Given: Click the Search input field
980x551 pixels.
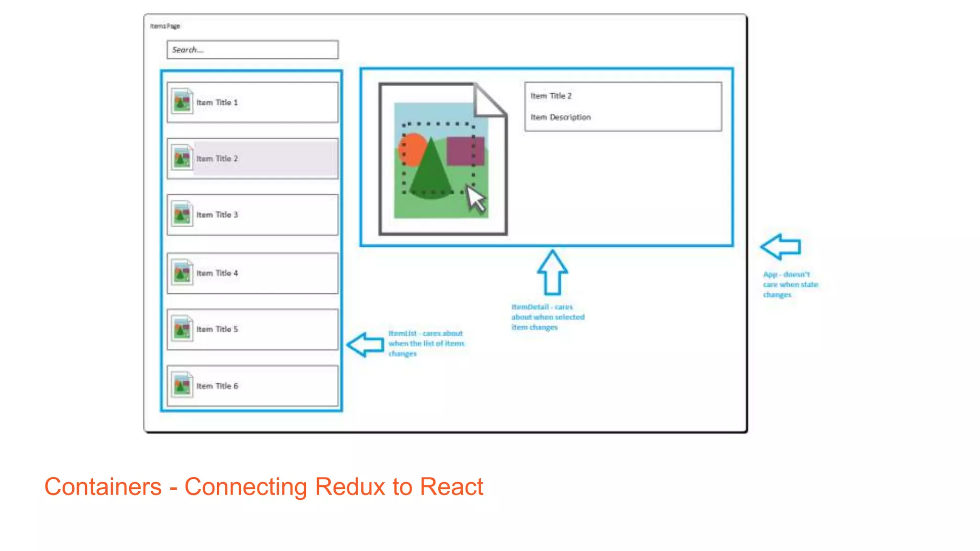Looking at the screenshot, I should (x=252, y=50).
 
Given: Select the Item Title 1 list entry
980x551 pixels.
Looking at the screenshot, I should (x=252, y=102).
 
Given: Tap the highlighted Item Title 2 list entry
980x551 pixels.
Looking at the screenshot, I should (x=252, y=158).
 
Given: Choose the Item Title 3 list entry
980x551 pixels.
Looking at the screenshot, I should (x=252, y=215).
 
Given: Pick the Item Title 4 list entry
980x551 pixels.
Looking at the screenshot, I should (x=252, y=273).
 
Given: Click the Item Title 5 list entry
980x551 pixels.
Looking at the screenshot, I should (x=252, y=329).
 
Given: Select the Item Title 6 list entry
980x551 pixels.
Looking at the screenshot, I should (x=252, y=386).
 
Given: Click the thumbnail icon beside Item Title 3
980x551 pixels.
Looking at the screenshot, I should (x=182, y=214).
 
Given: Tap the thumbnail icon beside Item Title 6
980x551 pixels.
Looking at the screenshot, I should (x=182, y=386).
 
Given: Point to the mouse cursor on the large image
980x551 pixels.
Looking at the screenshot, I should (x=475, y=198).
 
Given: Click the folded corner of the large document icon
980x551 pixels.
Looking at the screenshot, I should (x=488, y=100).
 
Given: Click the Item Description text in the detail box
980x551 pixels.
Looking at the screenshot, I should (x=560, y=117).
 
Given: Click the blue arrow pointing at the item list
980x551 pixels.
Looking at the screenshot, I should (x=365, y=344).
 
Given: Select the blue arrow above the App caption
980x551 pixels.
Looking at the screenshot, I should (x=780, y=247).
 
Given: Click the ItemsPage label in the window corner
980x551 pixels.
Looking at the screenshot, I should (x=165, y=26).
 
